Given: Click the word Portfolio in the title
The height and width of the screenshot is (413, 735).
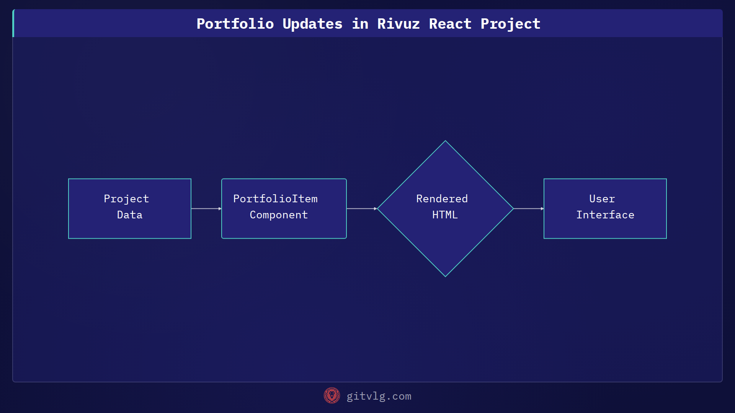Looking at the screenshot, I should tap(235, 24).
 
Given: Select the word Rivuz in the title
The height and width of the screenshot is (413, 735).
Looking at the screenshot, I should tap(398, 24).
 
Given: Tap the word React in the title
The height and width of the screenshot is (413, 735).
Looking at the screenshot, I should tap(450, 24).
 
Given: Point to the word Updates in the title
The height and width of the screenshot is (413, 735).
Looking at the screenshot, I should tap(312, 24).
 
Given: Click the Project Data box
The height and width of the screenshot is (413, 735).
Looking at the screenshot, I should tap(130, 208).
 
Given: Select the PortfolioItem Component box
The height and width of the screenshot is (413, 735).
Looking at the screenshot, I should tap(284, 208).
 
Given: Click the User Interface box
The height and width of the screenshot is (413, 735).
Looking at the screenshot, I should tap(605, 208).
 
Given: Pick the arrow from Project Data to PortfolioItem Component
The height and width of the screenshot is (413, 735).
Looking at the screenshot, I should tap(206, 208).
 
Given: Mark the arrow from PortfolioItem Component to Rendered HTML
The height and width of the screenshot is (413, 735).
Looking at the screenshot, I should tap(361, 208).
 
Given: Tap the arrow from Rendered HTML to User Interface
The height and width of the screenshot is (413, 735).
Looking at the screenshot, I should tap(528, 208).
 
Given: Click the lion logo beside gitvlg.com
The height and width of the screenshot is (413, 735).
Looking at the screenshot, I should tap(332, 395).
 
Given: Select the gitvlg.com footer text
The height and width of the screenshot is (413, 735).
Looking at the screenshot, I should tap(379, 396).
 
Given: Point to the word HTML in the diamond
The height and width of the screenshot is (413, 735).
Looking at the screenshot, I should tap(445, 215).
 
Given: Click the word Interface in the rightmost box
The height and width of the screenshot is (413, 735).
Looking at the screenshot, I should tap(605, 215).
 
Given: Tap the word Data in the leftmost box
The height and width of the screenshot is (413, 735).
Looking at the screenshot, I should tap(130, 215).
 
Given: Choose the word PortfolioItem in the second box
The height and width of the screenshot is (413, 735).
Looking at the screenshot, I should tap(275, 199).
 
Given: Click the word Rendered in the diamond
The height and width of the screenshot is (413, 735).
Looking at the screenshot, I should tap(442, 199).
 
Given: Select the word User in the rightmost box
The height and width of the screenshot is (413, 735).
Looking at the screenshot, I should tap(602, 199).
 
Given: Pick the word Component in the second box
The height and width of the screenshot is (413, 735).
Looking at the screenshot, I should tap(279, 215).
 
